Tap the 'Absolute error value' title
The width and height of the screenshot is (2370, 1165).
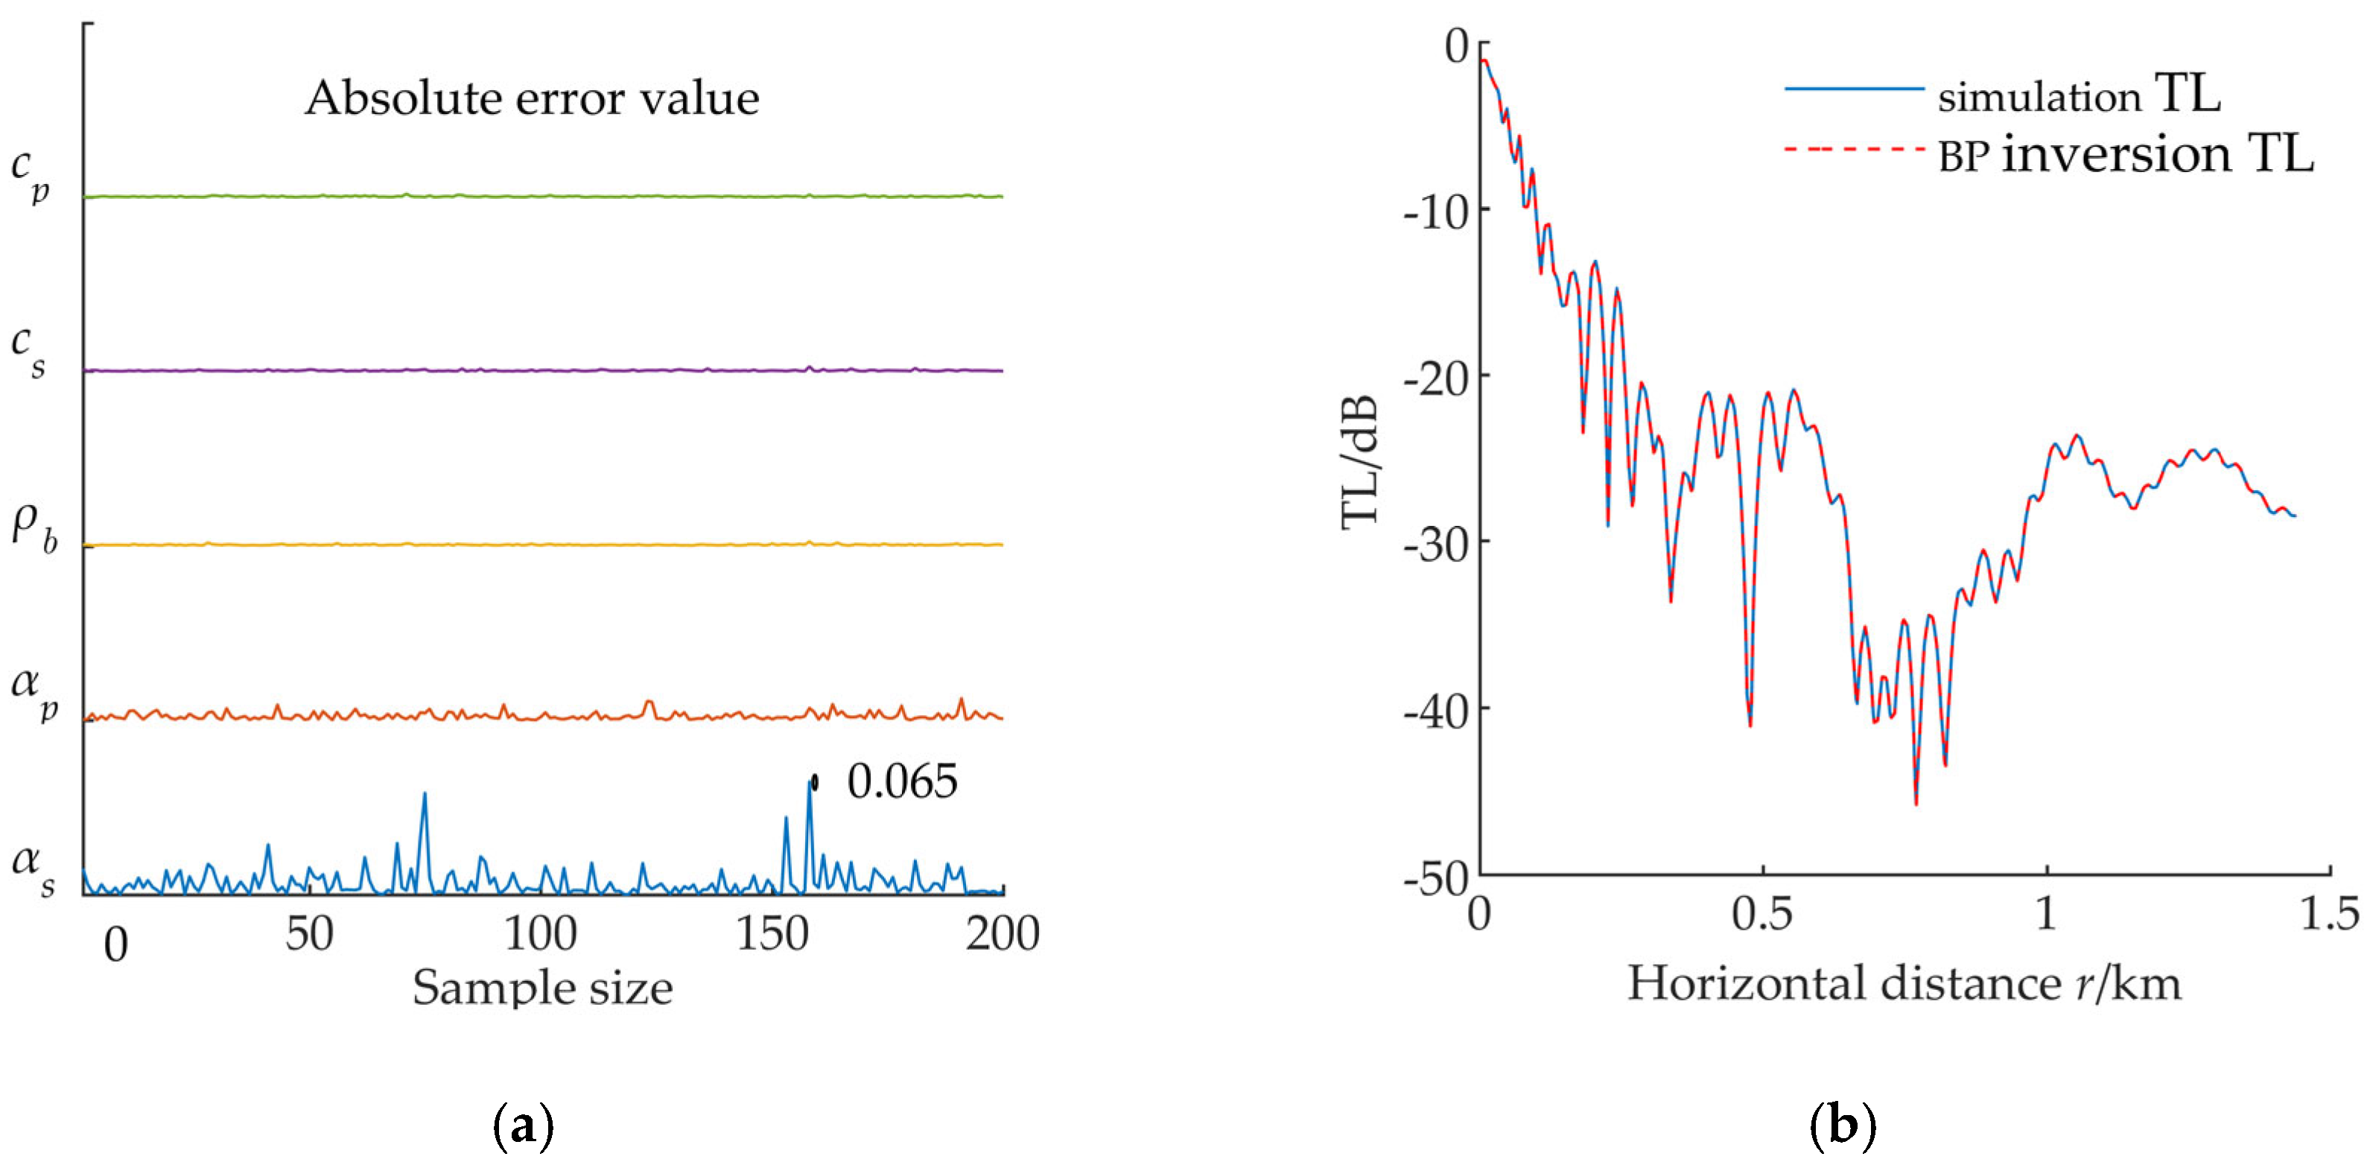532,98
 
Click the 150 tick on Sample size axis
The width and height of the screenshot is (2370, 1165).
772,935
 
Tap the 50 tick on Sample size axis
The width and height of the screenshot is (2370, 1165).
309,935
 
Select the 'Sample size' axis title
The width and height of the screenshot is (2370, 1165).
542,988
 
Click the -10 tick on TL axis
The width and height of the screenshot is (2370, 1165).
1435,212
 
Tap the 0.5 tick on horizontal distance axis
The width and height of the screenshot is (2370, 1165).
1762,915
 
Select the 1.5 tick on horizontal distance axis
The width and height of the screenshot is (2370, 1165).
2330,915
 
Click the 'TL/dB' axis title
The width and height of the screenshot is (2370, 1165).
1361,460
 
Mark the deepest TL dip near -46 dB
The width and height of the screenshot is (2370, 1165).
1916,803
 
